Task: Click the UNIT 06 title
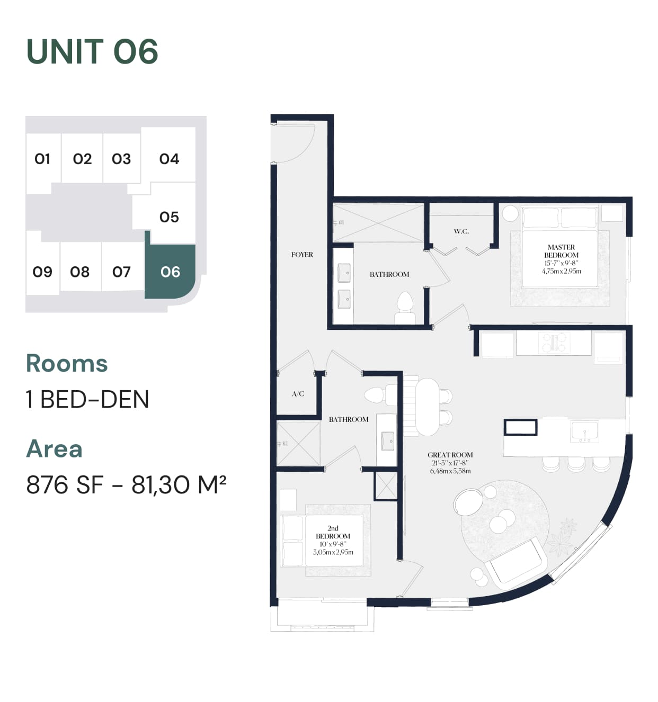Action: [92, 51]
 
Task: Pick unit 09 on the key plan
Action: [42, 272]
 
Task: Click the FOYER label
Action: [302, 255]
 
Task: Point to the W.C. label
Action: [461, 231]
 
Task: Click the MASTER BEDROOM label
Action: [561, 251]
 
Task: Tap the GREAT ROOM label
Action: [450, 455]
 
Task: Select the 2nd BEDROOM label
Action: [333, 532]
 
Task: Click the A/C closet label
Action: [298, 394]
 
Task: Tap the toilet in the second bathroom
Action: [380, 395]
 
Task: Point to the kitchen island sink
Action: [584, 431]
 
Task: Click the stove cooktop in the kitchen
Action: [554, 343]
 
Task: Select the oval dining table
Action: [427, 407]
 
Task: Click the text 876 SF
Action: [65, 484]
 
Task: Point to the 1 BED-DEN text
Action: [87, 399]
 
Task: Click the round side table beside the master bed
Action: [510, 213]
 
